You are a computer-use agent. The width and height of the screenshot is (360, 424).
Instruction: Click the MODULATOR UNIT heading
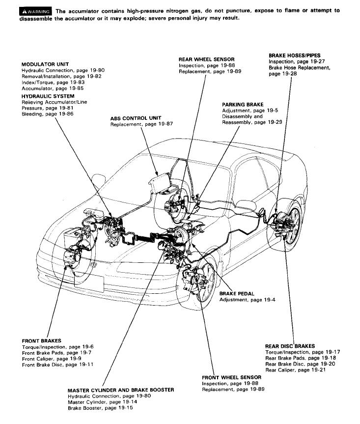click(45, 64)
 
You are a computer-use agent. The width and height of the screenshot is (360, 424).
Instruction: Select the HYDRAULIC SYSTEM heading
click(47, 96)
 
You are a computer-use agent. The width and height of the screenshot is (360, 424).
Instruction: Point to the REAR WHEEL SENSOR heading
click(206, 59)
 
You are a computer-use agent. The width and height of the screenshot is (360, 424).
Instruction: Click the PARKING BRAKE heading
click(243, 105)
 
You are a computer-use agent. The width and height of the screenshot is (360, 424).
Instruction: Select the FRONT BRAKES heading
click(41, 340)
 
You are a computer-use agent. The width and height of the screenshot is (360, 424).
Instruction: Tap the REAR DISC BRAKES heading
click(290, 346)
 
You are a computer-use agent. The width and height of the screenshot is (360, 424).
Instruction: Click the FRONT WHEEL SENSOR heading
click(231, 377)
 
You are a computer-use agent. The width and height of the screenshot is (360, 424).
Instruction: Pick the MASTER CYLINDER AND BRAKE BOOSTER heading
click(121, 390)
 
